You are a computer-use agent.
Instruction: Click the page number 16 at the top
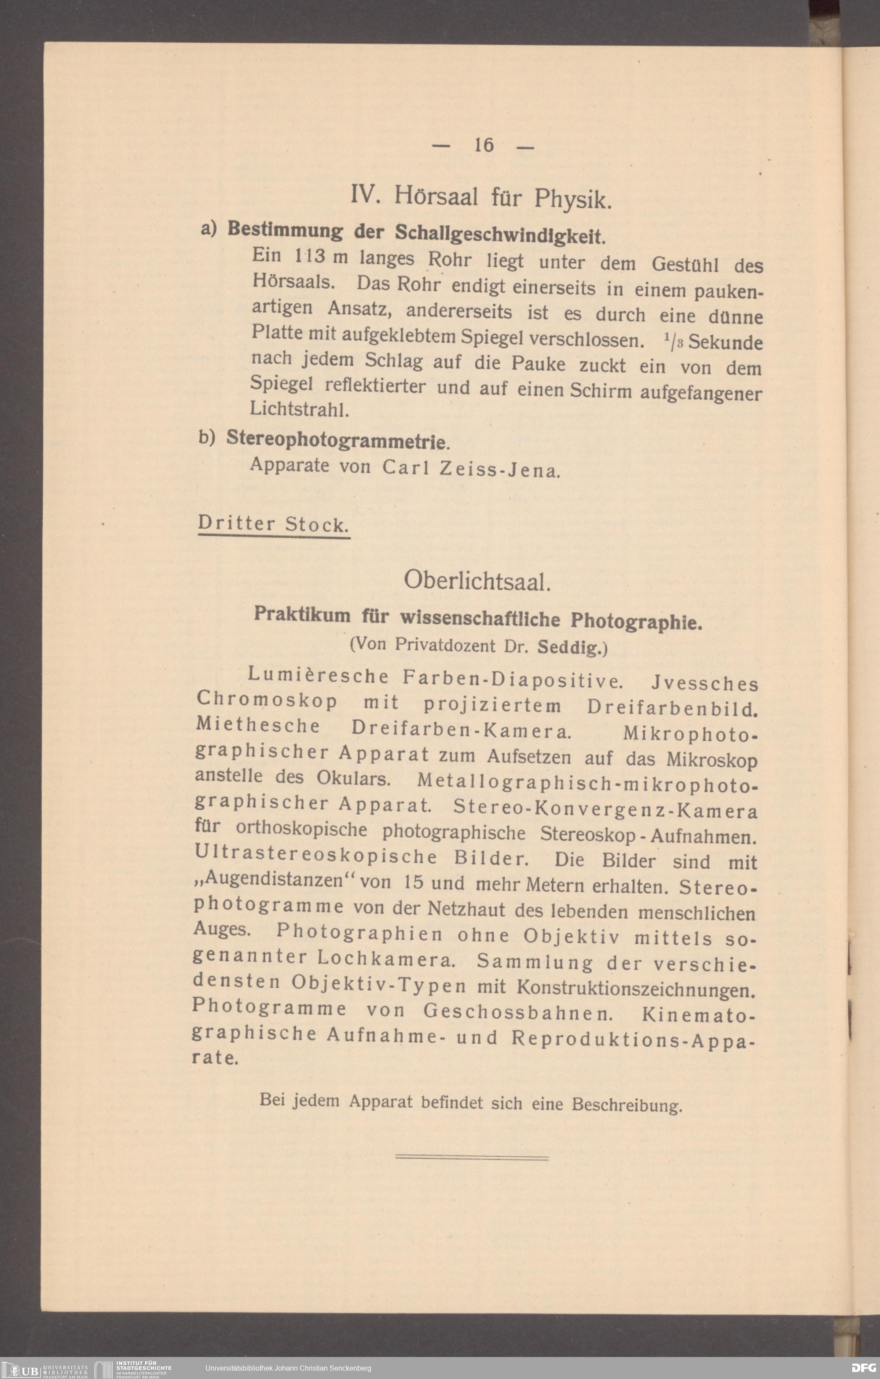tap(483, 145)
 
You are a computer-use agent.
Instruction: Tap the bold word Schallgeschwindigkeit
tap(499, 234)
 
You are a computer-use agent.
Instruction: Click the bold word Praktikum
tap(302, 614)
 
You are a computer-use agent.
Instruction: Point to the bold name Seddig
tap(570, 648)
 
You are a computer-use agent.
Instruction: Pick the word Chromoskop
tap(266, 700)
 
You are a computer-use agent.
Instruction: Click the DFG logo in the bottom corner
tap(863, 1368)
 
